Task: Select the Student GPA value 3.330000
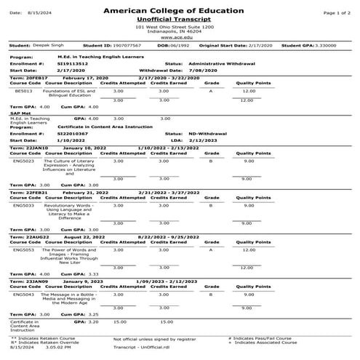coord(340,45)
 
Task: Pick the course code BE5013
coord(23,91)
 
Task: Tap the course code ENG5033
coord(24,206)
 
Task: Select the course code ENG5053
coord(24,249)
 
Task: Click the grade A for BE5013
coord(210,91)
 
